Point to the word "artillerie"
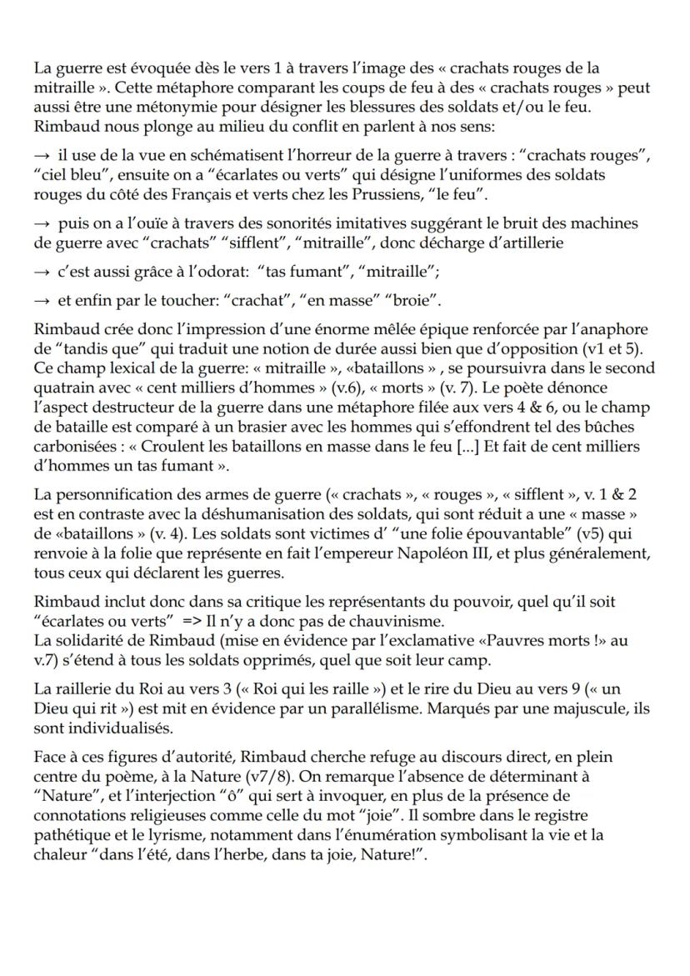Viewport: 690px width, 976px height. pos(524,243)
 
